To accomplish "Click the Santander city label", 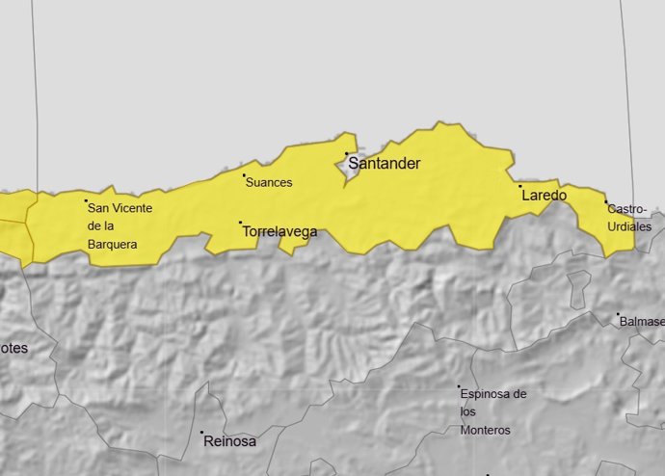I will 384,164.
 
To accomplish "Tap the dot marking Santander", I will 346,153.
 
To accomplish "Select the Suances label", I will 269,182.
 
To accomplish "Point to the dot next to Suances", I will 244,175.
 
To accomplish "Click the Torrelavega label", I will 279,232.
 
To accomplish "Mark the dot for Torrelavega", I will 240,223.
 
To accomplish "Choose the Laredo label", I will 544,196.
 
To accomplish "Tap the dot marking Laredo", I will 520,186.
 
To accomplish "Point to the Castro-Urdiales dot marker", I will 606,202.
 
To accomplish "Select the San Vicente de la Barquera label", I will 120,225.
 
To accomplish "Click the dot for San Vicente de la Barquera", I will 86,200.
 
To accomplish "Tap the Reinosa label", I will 230,442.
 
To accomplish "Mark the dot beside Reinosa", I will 202,432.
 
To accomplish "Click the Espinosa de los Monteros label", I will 493,411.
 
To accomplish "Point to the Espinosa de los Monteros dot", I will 459,387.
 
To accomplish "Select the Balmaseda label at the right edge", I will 642,321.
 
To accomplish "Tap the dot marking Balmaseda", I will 618,314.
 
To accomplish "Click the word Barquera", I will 112,245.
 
